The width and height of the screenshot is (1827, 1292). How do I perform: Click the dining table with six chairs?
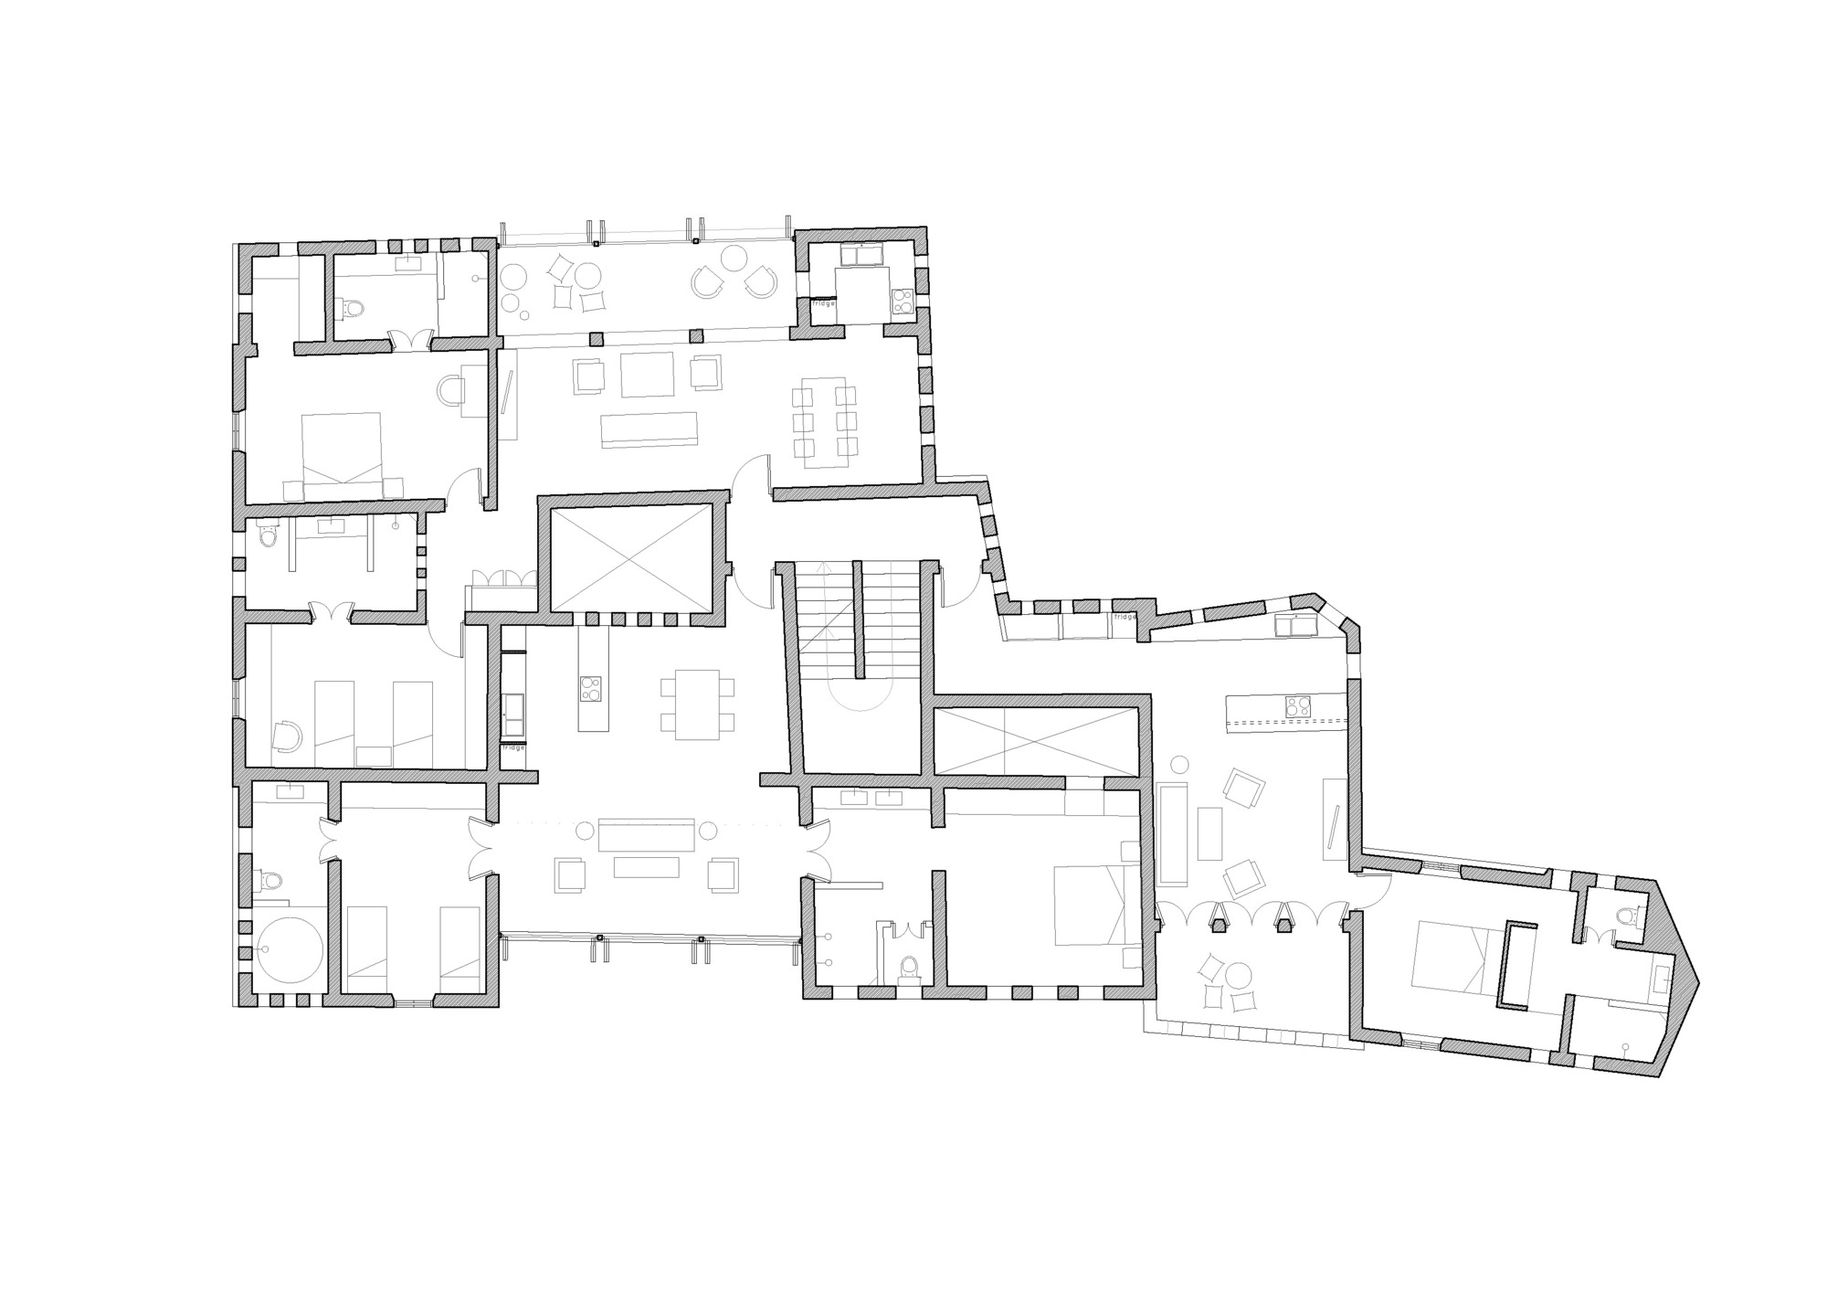825,422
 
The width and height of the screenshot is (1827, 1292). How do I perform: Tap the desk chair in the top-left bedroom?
453,391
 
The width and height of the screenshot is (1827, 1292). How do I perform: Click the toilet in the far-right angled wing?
1626,916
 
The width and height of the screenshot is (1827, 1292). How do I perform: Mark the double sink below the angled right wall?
1296,626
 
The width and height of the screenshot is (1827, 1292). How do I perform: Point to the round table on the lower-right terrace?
1240,976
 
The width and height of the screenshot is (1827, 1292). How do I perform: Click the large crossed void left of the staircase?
632,557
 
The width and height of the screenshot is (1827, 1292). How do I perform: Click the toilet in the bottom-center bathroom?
909,968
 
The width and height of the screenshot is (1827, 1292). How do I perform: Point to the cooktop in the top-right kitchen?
902,302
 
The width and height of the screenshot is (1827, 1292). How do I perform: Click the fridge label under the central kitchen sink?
513,747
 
